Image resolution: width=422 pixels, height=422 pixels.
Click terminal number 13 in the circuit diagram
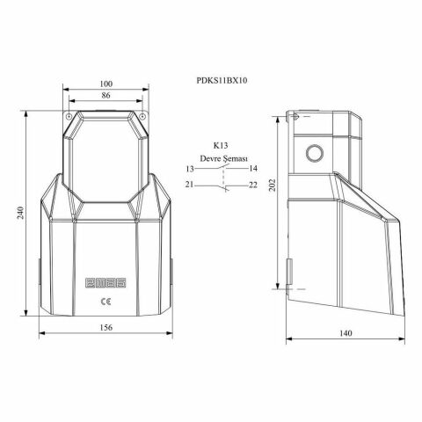click(x=189, y=168)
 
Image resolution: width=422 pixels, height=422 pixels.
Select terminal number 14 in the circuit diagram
click(x=253, y=168)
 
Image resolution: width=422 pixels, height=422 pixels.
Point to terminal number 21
click(x=189, y=185)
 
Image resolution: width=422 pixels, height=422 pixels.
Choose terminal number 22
click(x=253, y=185)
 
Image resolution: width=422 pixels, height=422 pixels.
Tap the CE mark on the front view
click(x=106, y=301)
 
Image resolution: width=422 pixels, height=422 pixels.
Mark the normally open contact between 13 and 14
click(x=222, y=167)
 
